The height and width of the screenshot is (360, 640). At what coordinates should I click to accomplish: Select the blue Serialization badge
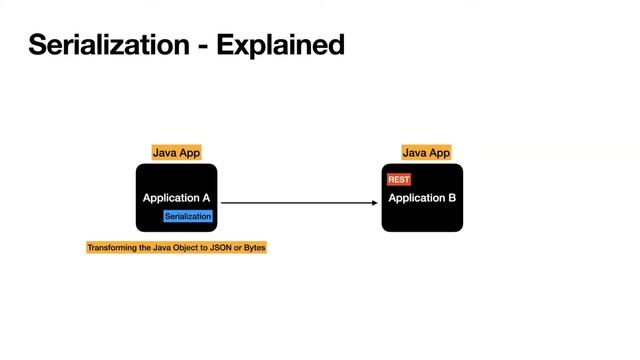tap(188, 216)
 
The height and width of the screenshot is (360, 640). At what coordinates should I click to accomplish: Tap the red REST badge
tap(399, 180)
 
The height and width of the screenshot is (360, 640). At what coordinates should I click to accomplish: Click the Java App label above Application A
tap(176, 153)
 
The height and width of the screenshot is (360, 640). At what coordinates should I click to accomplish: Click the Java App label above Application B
tap(427, 153)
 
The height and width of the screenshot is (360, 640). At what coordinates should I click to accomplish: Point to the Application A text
tap(176, 198)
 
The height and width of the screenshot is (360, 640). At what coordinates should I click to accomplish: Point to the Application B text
tap(422, 198)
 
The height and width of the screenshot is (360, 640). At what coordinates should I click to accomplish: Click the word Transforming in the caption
tap(112, 247)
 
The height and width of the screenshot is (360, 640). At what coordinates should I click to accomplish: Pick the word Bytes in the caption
tap(254, 247)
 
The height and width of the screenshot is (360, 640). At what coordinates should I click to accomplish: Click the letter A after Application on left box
tap(205, 198)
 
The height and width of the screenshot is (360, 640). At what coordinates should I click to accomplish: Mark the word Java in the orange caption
tap(164, 247)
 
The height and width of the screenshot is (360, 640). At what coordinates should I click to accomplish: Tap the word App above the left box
tap(189, 153)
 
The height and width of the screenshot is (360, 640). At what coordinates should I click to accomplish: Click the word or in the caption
tap(237, 247)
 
